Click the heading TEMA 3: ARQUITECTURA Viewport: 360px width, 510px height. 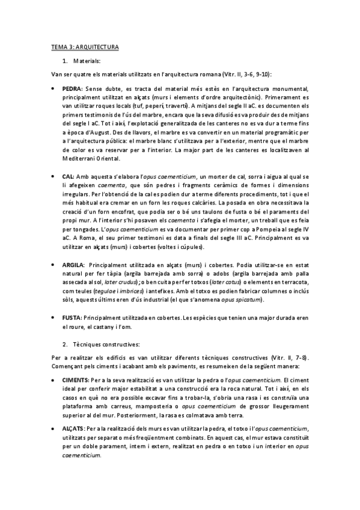pyautogui.click(x=84, y=46)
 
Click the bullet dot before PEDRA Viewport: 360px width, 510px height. pyautogui.click(x=53, y=88)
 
